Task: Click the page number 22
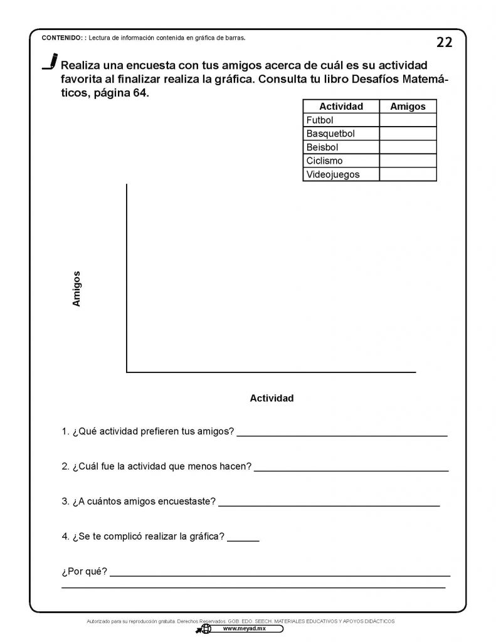444,42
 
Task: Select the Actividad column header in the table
340,107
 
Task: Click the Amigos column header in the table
408,107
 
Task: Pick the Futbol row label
320,120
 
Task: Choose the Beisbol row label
322,147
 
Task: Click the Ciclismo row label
324,161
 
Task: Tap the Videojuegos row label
333,174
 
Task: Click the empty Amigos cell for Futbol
408,120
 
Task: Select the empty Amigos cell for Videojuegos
408,174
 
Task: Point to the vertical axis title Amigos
77,288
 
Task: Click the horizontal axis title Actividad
272,398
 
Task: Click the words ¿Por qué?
85,572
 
